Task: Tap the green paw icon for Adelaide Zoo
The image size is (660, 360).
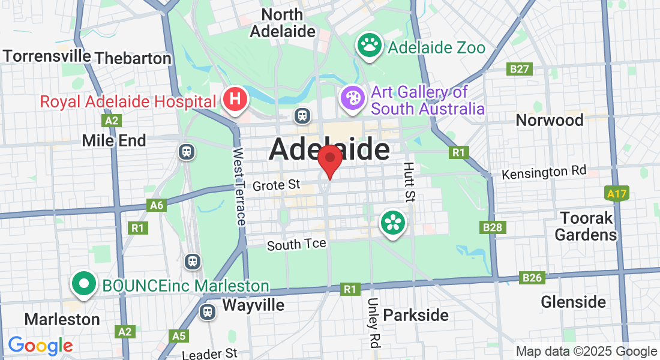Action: click(x=370, y=46)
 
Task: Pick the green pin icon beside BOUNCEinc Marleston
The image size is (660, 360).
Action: click(x=85, y=284)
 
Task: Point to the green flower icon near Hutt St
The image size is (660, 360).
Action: click(x=393, y=223)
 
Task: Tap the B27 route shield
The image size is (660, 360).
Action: click(x=520, y=69)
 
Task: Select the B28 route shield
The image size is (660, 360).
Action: click(x=494, y=227)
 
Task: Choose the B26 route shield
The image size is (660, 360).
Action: click(x=532, y=277)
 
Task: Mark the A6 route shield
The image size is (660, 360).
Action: click(x=157, y=206)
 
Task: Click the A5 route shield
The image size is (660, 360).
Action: click(x=179, y=336)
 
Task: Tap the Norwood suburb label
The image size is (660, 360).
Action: click(x=550, y=121)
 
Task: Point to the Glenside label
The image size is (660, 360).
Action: click(x=573, y=302)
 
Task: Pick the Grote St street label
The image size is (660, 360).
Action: click(x=276, y=185)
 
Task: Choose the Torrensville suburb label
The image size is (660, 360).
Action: click(x=47, y=56)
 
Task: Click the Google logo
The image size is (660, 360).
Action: click(x=40, y=346)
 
